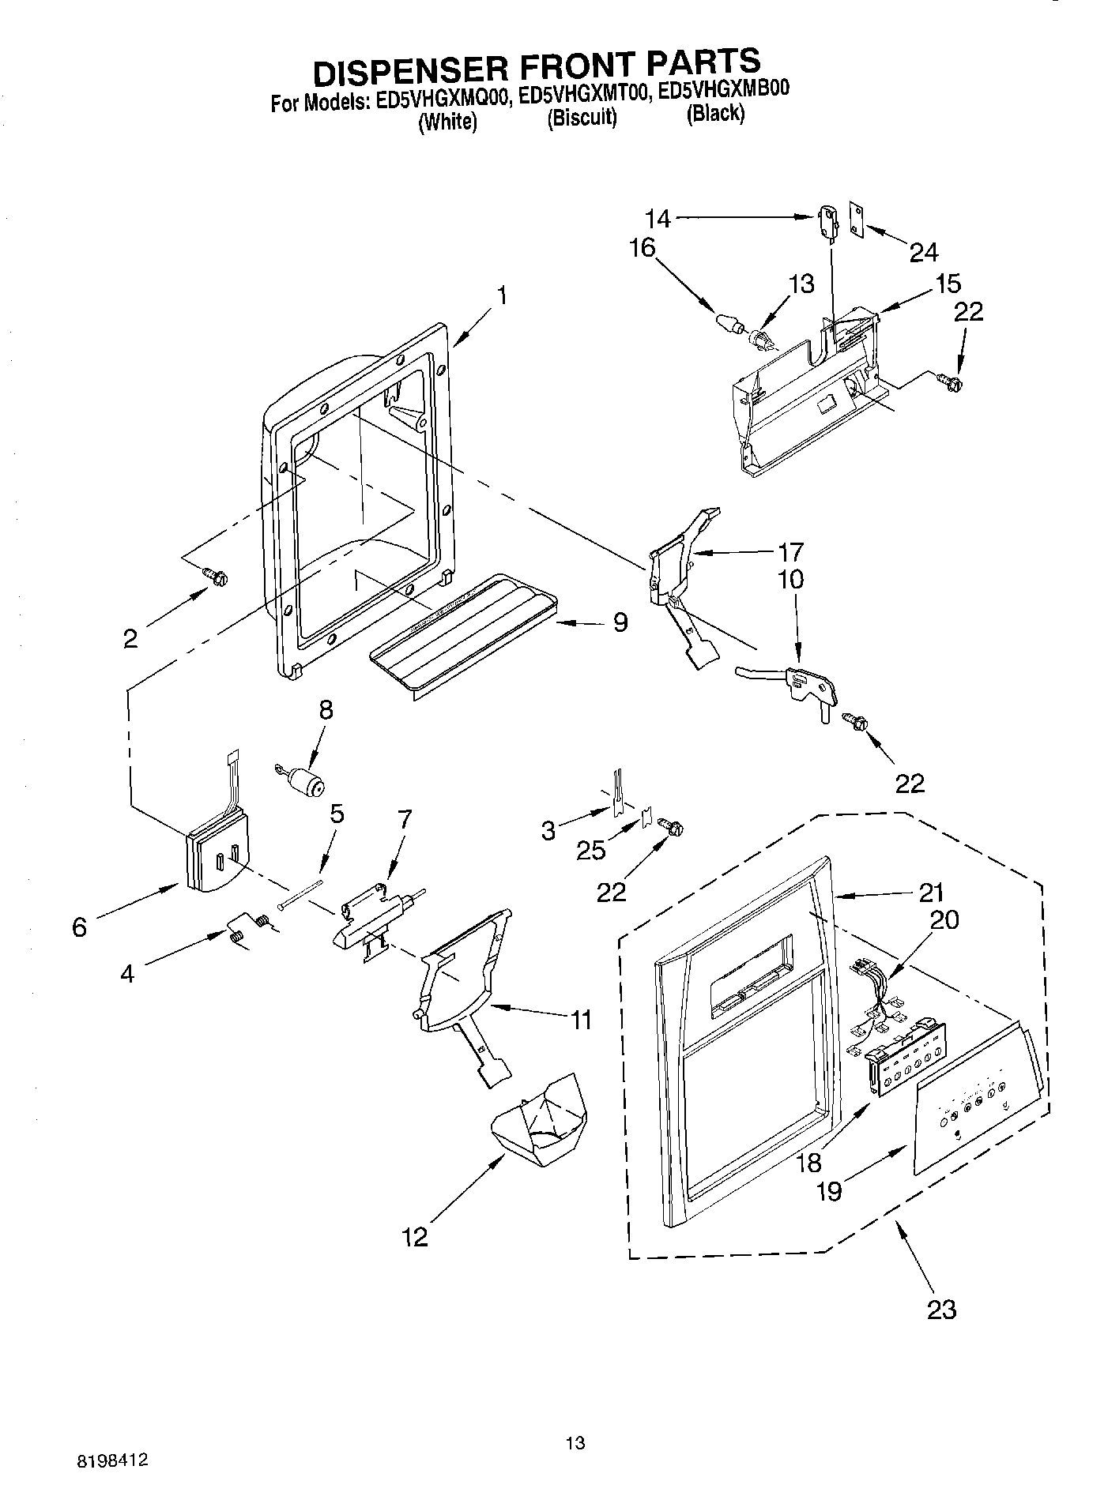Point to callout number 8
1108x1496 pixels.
[325, 709]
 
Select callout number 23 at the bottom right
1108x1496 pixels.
[940, 1309]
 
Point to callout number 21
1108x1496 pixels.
[932, 893]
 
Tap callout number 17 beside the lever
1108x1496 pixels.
[790, 551]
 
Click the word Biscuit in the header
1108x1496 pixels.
[582, 118]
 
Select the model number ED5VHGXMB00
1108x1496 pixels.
[723, 89]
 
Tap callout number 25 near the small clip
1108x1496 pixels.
[590, 850]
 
